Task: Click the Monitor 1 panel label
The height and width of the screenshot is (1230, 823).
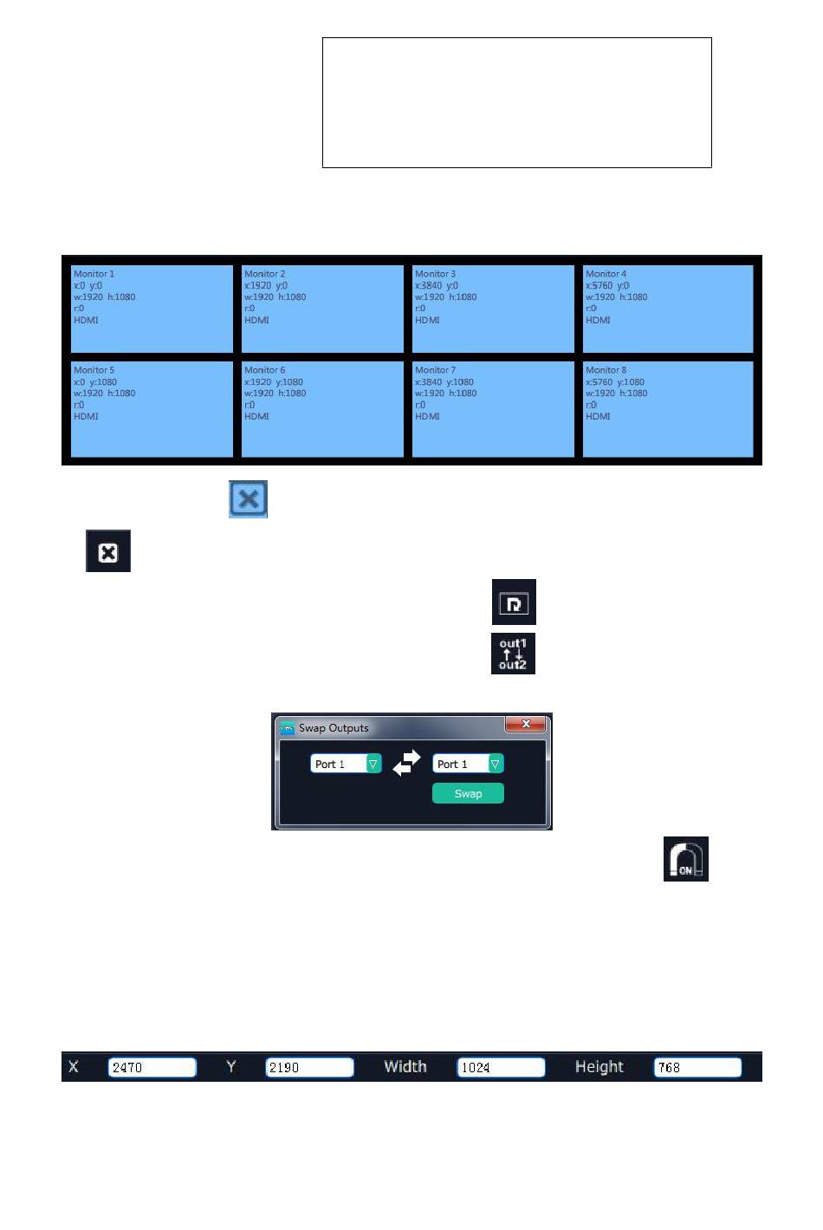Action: tap(94, 274)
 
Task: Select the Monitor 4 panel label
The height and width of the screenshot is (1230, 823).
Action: tap(606, 274)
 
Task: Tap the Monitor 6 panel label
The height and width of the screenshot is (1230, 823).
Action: tap(264, 370)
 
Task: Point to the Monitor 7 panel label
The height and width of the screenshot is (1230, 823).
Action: tap(435, 370)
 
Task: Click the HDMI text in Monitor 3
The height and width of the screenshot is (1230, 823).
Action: tap(427, 320)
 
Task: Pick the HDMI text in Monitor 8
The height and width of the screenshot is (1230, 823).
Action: tap(598, 416)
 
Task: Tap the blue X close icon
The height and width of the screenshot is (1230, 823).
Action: tap(248, 499)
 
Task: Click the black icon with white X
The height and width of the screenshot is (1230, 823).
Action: tap(108, 551)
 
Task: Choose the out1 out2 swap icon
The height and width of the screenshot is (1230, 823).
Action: tap(513, 654)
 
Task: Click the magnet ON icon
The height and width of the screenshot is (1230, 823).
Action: tap(686, 859)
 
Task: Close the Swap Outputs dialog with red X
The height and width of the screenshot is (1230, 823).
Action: tap(525, 724)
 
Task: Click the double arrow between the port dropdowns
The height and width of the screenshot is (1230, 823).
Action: tap(406, 763)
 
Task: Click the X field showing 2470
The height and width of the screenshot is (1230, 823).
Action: tap(152, 1067)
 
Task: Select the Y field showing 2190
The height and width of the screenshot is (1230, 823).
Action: tap(309, 1067)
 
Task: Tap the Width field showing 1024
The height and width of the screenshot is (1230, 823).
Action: tap(501, 1067)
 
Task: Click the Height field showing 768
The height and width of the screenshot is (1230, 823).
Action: tap(697, 1067)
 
